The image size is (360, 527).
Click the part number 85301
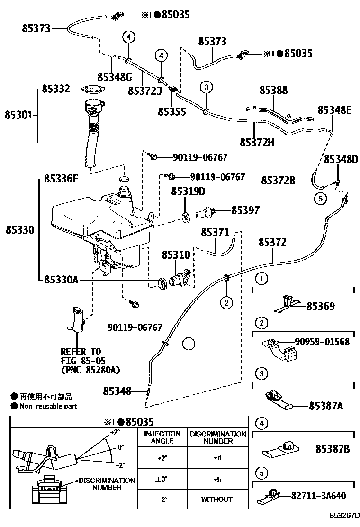19,115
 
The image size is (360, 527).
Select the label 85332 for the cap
55,89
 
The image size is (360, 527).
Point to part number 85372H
257,142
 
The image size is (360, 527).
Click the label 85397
245,210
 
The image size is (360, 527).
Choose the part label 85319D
188,191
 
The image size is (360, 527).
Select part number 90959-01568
322,342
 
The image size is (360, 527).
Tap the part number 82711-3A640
319,496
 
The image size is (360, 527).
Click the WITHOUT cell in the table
217,499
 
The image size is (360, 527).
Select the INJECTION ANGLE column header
162,437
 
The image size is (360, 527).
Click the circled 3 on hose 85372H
206,87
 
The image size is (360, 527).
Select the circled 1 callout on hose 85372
188,345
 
